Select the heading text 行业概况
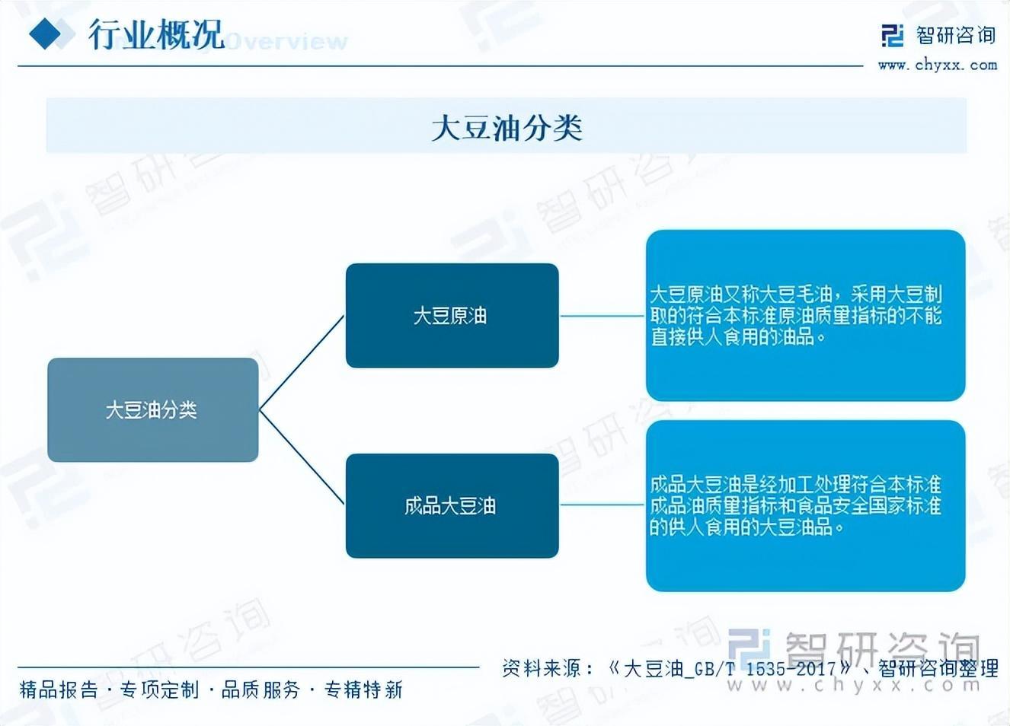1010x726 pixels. (x=156, y=34)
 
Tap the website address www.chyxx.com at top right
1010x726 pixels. (x=937, y=65)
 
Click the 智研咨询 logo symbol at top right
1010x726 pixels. (x=892, y=35)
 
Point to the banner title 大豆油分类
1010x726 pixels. (x=507, y=127)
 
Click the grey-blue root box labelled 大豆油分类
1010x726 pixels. (x=152, y=410)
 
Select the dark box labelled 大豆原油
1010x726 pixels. (x=452, y=315)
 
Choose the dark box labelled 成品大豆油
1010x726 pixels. (x=452, y=505)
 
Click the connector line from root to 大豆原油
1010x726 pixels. (x=302, y=363)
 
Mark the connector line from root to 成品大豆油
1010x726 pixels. (x=302, y=457)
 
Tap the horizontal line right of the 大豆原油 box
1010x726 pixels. (x=602, y=315)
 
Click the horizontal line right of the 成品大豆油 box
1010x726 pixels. (x=602, y=504)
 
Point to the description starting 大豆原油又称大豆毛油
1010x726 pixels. (x=795, y=315)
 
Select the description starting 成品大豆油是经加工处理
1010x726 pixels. (x=795, y=505)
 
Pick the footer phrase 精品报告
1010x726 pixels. (x=59, y=690)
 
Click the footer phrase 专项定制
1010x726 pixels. (x=159, y=690)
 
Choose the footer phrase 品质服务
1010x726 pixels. (x=260, y=690)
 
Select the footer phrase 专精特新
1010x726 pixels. (x=363, y=690)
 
